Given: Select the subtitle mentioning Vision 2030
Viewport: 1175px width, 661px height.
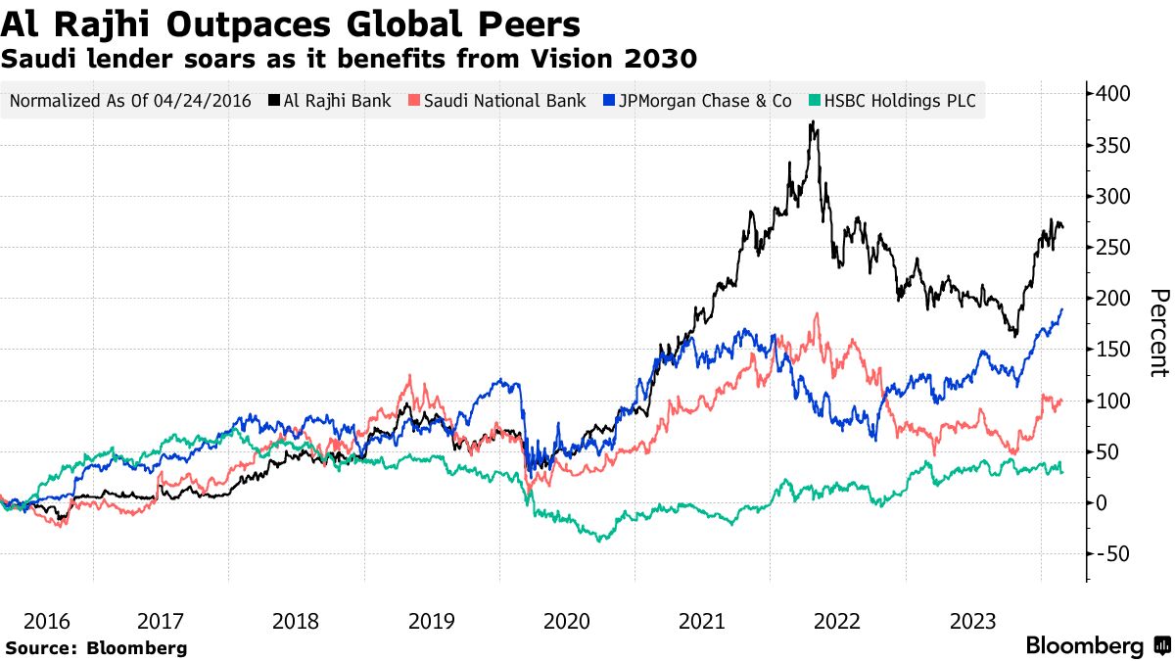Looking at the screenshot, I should point(349,59).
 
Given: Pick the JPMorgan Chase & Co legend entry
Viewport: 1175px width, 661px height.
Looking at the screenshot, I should point(698,100).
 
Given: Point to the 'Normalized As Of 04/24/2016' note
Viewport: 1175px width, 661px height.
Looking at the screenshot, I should point(130,100).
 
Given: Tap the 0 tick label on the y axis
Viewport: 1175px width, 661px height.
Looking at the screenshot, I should point(1104,503).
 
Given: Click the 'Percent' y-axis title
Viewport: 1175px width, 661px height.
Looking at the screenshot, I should point(1158,333).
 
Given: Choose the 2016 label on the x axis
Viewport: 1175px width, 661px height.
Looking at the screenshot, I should point(48,621).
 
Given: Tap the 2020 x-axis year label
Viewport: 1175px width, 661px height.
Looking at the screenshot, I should point(566,621).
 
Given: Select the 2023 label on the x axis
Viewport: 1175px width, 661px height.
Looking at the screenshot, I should point(973,621).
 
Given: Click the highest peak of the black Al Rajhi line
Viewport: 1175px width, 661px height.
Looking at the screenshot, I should point(812,122).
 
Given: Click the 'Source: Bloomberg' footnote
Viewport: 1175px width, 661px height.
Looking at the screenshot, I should point(96,647).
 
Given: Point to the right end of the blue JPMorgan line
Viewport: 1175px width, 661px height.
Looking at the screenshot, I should point(1062,309).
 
